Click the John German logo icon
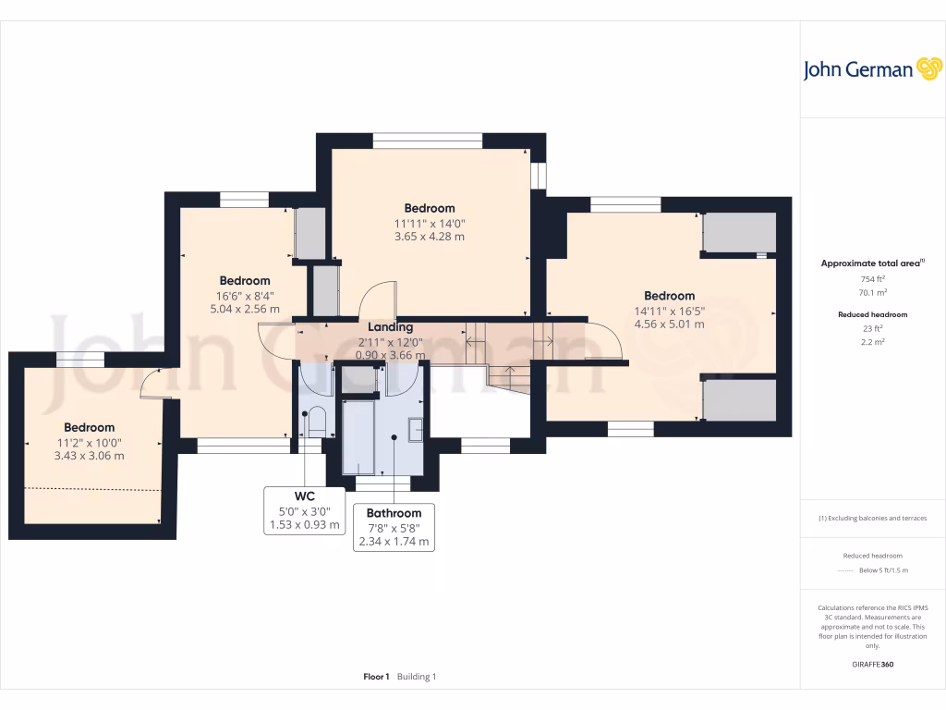point(928,69)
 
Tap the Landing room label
point(390,327)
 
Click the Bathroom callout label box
point(394,527)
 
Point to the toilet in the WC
point(316,422)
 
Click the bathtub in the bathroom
point(358,437)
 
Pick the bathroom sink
point(415,429)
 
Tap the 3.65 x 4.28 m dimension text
point(429,237)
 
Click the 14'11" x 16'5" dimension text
point(669,311)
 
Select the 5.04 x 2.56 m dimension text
point(244,309)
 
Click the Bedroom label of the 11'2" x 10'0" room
point(89,427)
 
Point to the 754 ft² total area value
point(873,278)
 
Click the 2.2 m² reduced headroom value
point(873,341)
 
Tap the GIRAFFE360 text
point(873,664)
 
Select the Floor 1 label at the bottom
point(376,677)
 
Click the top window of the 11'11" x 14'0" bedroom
point(428,141)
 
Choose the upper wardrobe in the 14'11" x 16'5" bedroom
point(739,233)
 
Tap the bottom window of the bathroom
point(383,483)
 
